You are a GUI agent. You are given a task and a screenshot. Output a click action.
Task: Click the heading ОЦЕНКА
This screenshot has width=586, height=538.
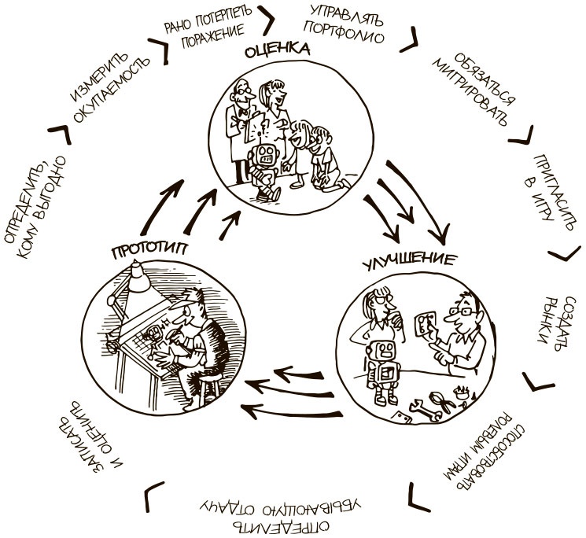278,51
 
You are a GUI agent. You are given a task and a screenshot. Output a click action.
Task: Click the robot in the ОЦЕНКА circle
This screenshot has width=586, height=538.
266,163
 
